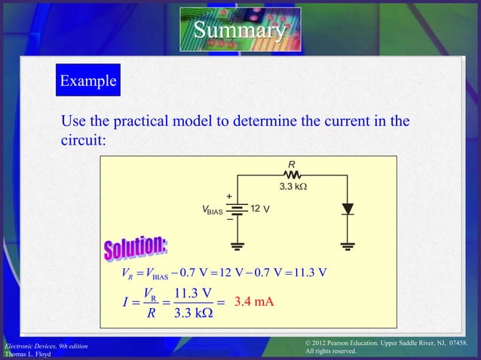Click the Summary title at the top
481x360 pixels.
point(240,31)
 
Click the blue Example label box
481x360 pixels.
point(87,81)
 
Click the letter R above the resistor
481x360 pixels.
point(291,163)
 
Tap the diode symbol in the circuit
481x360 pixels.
point(347,209)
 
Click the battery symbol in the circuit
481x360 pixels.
point(238,209)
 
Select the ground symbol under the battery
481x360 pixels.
point(238,245)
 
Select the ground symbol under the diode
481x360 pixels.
point(347,245)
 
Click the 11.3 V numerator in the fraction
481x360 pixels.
point(191,293)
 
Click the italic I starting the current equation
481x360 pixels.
point(124,304)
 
